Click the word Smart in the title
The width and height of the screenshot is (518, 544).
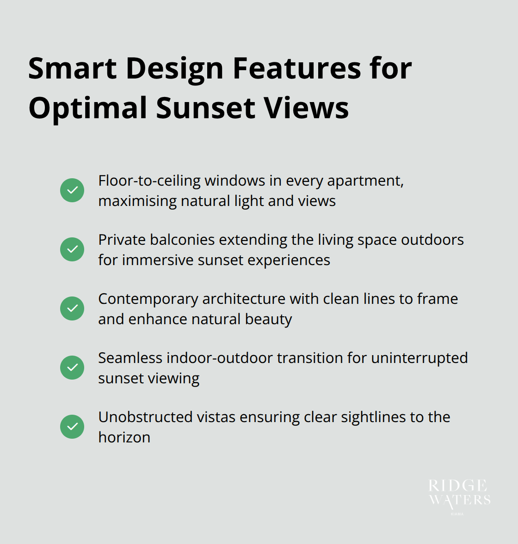click(x=73, y=68)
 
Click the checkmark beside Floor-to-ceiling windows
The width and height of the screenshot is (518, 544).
click(x=72, y=190)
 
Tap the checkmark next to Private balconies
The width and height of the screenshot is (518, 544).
click(x=72, y=249)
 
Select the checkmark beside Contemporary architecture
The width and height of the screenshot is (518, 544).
click(x=72, y=308)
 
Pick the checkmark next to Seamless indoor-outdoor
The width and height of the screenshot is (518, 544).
click(x=72, y=368)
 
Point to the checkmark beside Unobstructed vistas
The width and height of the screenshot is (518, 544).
click(x=72, y=427)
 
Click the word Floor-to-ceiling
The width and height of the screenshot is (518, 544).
click(x=149, y=181)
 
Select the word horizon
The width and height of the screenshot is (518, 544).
click(x=124, y=437)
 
